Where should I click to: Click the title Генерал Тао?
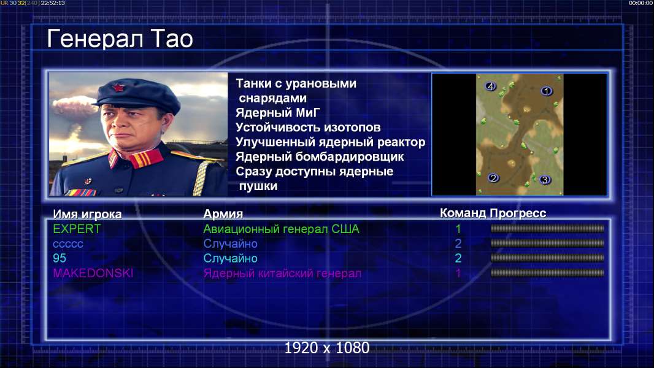click(120, 39)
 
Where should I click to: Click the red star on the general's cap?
click(118, 88)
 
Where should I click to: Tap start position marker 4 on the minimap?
click(490, 86)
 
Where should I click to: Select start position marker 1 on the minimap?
click(546, 91)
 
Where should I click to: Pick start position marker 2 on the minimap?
click(493, 178)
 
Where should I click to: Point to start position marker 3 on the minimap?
click(544, 180)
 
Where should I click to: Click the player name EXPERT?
click(77, 229)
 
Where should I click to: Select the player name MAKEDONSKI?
click(93, 274)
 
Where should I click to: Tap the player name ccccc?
click(68, 244)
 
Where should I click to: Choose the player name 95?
click(60, 258)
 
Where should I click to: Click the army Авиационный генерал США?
click(281, 229)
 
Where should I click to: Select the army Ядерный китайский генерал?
click(282, 274)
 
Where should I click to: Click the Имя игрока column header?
click(87, 214)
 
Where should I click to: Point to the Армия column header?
click(223, 214)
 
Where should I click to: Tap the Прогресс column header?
click(518, 213)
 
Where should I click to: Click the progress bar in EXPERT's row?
click(547, 228)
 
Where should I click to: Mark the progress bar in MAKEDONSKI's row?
click(547, 273)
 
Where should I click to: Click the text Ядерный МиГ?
click(277, 112)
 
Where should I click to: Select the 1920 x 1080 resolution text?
click(327, 348)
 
